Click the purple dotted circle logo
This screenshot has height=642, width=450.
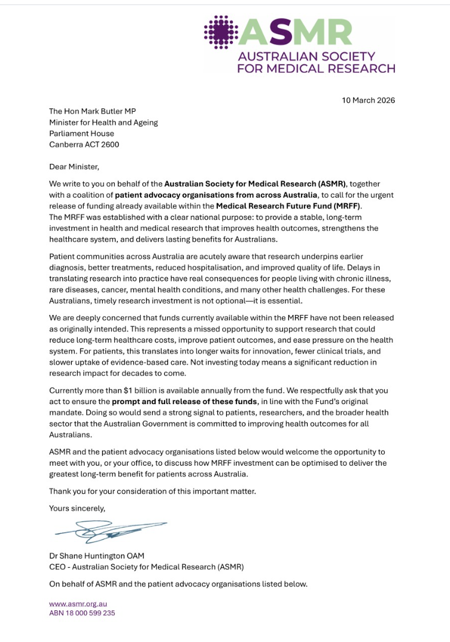point(222,32)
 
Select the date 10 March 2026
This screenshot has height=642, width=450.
point(368,100)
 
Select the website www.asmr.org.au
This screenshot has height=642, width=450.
point(78,604)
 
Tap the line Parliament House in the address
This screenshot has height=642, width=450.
point(81,133)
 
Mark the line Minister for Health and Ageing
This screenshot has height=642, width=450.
point(104,123)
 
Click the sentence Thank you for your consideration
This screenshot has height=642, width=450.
point(153,491)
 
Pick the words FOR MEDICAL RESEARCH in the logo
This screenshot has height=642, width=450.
point(316,68)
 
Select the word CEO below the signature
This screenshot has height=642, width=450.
point(57,567)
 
